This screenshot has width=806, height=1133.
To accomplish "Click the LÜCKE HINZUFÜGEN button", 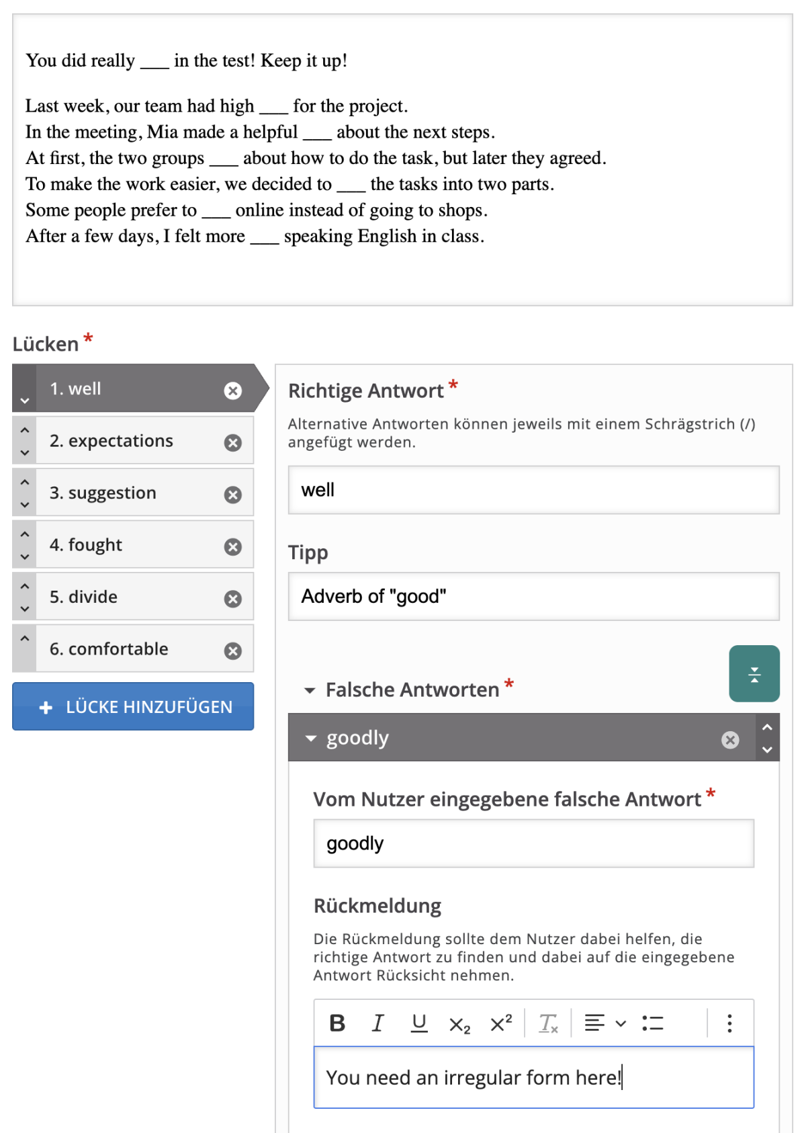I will tap(133, 706).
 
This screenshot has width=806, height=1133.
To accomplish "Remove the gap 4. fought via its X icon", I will tap(233, 547).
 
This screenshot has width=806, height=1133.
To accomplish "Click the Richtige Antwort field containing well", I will tap(533, 490).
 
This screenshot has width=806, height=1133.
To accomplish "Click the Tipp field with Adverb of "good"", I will tap(533, 596).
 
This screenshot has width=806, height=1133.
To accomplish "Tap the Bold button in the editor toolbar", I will tap(337, 1023).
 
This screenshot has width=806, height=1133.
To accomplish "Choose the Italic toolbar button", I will tap(378, 1023).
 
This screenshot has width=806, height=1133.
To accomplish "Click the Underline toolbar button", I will tap(419, 1023).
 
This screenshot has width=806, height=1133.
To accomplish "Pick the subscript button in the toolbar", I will tap(460, 1024).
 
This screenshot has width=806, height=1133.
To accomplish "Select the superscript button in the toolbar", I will tap(501, 1023).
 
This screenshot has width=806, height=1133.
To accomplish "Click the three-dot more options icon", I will tap(729, 1023).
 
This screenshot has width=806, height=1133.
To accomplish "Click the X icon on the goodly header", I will tap(730, 740).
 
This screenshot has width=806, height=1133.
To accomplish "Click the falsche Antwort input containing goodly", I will tap(533, 843).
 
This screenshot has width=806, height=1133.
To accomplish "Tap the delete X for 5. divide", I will tap(233, 599).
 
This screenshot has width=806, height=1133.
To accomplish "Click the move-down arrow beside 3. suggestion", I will tap(25, 505).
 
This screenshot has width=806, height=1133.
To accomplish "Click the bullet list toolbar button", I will tap(653, 1023).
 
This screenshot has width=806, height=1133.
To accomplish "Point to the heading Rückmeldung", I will tap(377, 906).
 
